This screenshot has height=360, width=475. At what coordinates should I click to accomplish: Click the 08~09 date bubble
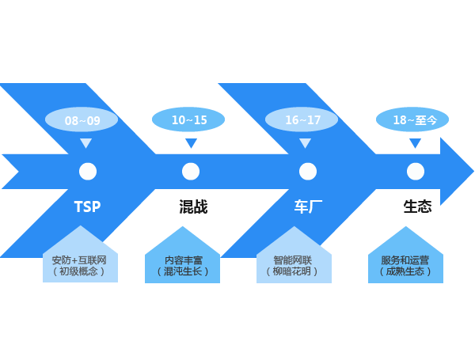click(x=82, y=120)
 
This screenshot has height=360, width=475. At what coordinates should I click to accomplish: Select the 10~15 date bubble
click(x=188, y=119)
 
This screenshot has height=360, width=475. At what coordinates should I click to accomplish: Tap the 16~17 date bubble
click(x=302, y=119)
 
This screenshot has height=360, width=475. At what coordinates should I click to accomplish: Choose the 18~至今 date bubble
click(x=412, y=119)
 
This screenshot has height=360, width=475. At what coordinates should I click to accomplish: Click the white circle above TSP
click(x=88, y=171)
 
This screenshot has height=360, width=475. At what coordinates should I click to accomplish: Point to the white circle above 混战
click(x=191, y=171)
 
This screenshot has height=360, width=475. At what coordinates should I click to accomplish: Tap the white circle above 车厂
click(x=308, y=171)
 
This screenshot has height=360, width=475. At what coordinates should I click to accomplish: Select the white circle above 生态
click(x=416, y=171)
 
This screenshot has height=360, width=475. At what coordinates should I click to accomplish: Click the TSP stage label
click(x=87, y=207)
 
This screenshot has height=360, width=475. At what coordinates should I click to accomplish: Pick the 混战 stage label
click(x=193, y=207)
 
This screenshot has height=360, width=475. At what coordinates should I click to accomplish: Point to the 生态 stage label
click(x=417, y=207)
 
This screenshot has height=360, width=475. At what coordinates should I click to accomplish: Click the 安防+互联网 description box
click(x=80, y=263)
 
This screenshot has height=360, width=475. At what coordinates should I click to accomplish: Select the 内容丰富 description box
click(x=182, y=263)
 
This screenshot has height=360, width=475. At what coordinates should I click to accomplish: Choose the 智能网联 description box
click(x=294, y=263)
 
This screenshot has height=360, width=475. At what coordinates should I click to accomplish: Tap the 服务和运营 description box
click(x=405, y=263)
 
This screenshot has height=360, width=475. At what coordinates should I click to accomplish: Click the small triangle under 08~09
click(x=85, y=143)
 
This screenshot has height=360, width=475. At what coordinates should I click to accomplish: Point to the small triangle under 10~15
click(x=191, y=143)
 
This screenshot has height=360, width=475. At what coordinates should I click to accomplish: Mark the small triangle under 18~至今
click(x=415, y=143)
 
